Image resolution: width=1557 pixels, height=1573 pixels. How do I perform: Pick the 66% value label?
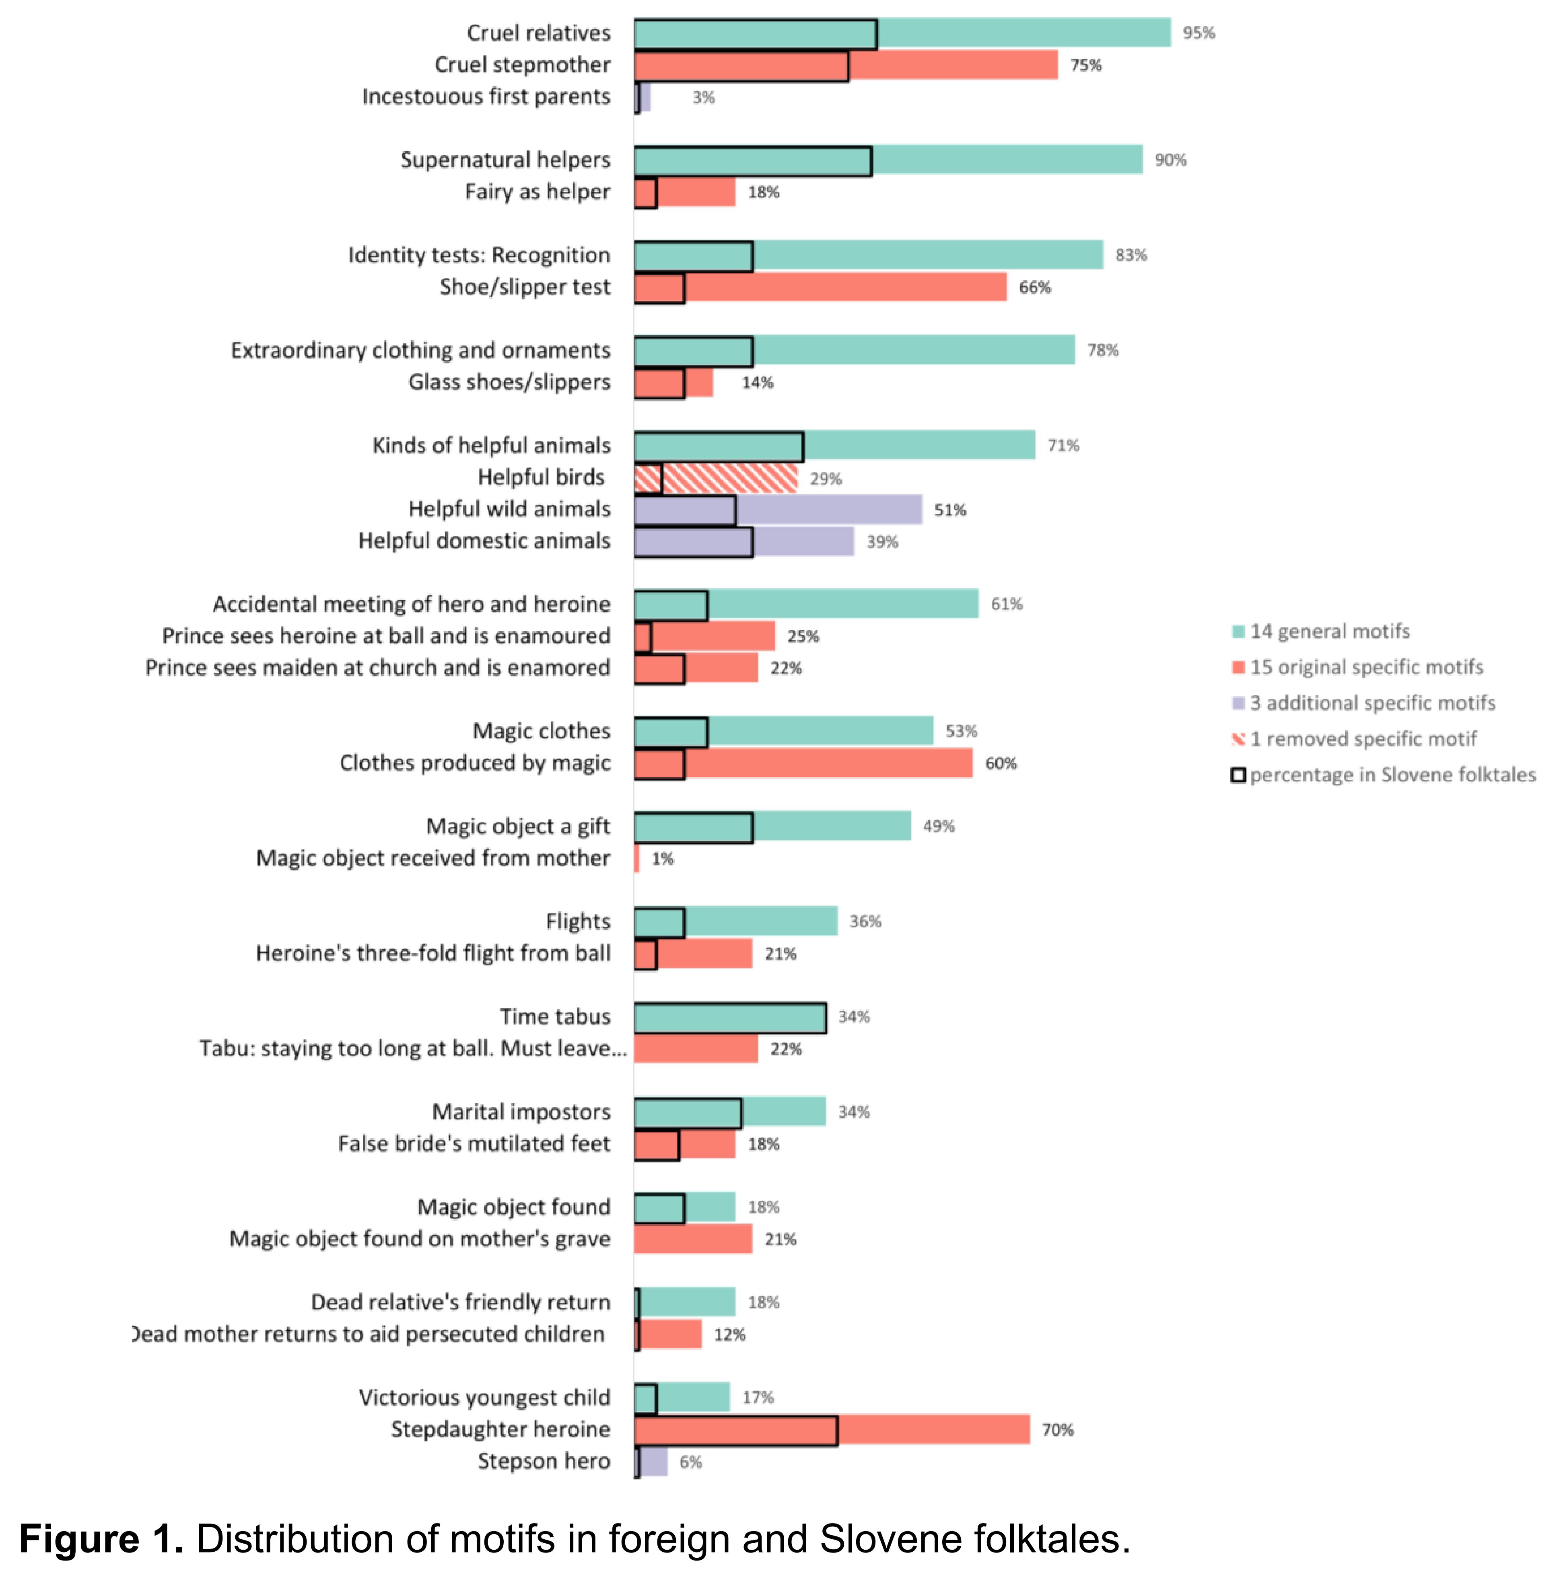point(1034,288)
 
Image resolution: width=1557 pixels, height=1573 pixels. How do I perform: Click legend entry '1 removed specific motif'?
point(1361,739)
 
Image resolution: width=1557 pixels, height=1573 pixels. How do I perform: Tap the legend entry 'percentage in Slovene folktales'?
point(1391,775)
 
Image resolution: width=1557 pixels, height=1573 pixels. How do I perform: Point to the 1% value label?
point(662,859)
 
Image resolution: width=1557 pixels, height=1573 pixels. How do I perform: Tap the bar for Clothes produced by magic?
point(802,764)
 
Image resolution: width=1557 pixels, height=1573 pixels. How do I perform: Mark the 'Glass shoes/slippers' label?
point(509,382)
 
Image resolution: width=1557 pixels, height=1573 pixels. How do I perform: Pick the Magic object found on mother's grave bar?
point(692,1239)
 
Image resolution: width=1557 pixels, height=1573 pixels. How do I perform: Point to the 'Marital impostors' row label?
point(521,1112)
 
